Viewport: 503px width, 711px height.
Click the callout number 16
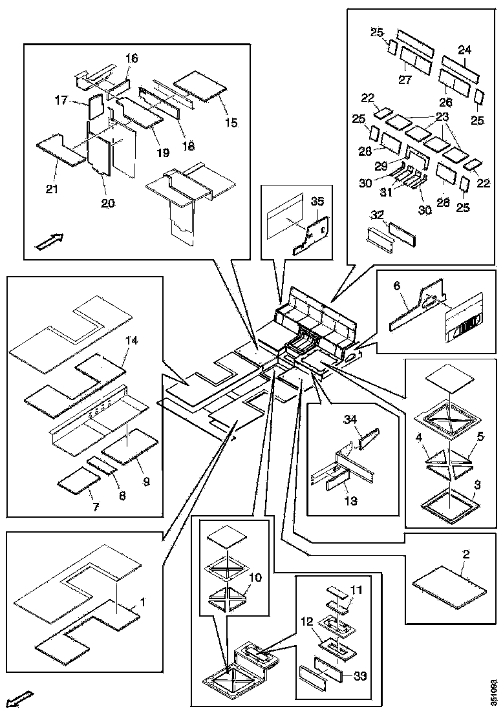point(131,59)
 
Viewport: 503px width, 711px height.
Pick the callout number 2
point(466,554)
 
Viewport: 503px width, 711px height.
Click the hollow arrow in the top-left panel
point(49,242)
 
